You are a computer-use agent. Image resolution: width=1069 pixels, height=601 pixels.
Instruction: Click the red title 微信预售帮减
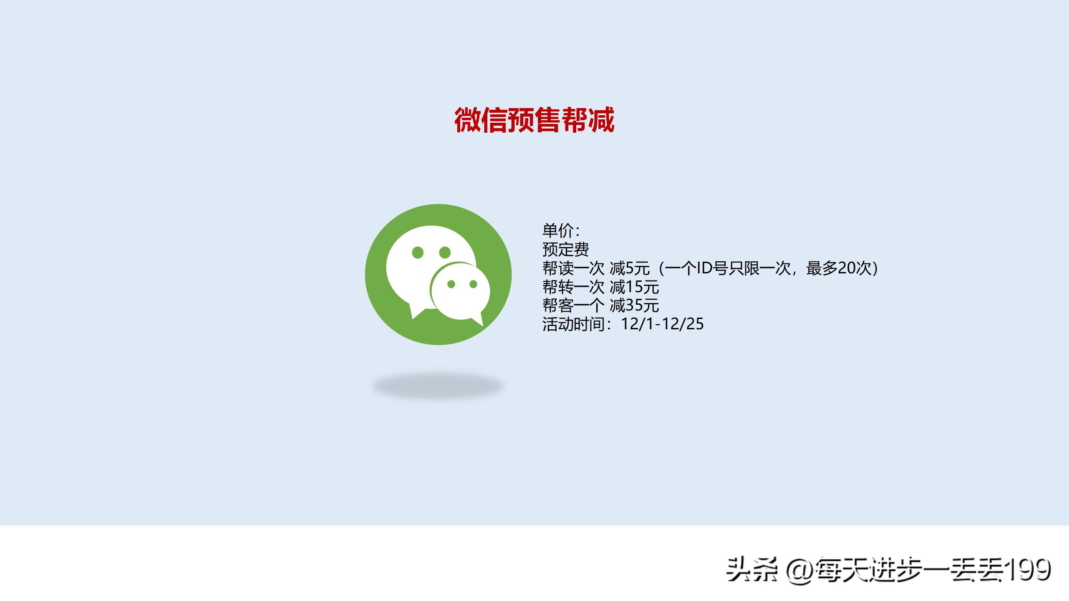534,120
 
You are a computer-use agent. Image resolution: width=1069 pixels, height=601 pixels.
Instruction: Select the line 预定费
565,249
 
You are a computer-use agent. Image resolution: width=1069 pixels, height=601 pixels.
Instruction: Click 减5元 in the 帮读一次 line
630,268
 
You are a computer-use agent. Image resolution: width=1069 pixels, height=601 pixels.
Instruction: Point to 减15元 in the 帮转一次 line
634,287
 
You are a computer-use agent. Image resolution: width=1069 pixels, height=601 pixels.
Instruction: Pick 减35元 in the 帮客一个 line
634,306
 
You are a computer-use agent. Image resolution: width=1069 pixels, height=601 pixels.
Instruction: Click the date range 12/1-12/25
662,324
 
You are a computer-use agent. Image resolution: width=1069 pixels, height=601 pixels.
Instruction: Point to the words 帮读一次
573,268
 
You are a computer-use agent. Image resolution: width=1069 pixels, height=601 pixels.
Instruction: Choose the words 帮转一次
573,287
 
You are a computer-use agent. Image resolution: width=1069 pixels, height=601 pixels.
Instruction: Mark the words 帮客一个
573,306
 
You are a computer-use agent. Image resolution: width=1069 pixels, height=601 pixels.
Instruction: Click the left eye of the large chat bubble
418,252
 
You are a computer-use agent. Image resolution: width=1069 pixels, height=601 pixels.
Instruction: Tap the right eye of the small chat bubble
473,284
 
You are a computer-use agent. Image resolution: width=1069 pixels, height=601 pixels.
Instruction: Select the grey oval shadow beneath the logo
438,386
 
